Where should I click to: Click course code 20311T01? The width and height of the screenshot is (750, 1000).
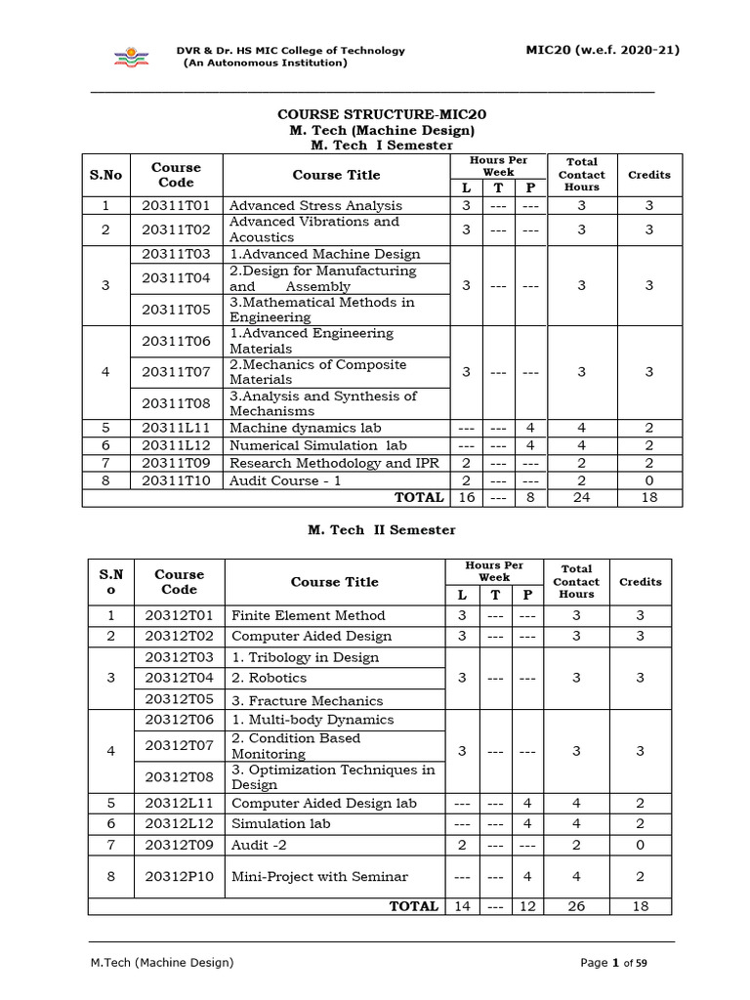click(176, 205)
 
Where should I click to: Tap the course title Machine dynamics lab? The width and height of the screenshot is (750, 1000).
click(305, 428)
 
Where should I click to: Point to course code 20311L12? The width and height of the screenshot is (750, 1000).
click(176, 445)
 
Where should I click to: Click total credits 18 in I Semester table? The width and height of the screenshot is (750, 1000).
click(648, 497)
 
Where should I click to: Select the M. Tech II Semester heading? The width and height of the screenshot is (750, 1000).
click(382, 529)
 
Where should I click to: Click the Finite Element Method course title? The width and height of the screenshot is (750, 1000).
click(309, 615)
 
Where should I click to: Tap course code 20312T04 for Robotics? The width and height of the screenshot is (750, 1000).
click(179, 678)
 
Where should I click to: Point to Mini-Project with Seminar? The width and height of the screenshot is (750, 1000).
click(319, 876)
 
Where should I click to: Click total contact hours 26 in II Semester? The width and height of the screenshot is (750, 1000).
click(576, 906)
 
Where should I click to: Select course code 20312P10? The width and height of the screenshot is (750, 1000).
click(179, 876)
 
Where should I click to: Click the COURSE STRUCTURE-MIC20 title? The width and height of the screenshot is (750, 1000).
click(382, 114)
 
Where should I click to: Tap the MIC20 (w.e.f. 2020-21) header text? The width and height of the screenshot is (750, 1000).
click(603, 50)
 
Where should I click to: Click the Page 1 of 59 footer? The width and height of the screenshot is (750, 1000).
click(614, 963)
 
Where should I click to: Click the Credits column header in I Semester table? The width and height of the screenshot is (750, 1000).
click(648, 175)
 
